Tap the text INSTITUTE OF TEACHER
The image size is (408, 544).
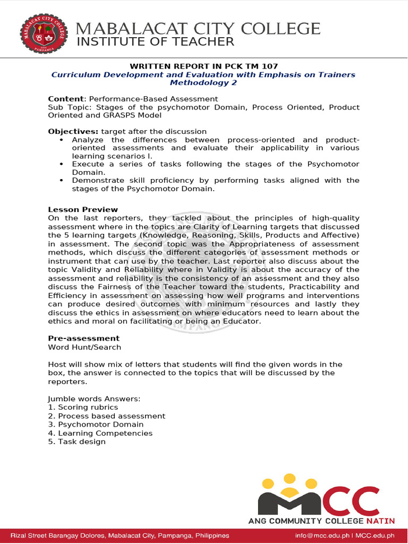[x=156, y=42]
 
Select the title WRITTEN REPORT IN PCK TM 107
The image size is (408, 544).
[x=203, y=66]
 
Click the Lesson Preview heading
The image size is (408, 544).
[x=83, y=209]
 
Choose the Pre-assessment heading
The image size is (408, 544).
[x=83, y=338]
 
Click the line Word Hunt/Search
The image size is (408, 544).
[x=84, y=347]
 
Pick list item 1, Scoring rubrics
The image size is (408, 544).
[x=83, y=407]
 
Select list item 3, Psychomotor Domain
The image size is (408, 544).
[x=96, y=424]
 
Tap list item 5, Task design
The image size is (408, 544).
[x=76, y=441]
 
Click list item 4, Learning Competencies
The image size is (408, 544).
[x=100, y=433]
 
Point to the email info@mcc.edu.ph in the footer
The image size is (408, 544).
[x=323, y=535]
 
